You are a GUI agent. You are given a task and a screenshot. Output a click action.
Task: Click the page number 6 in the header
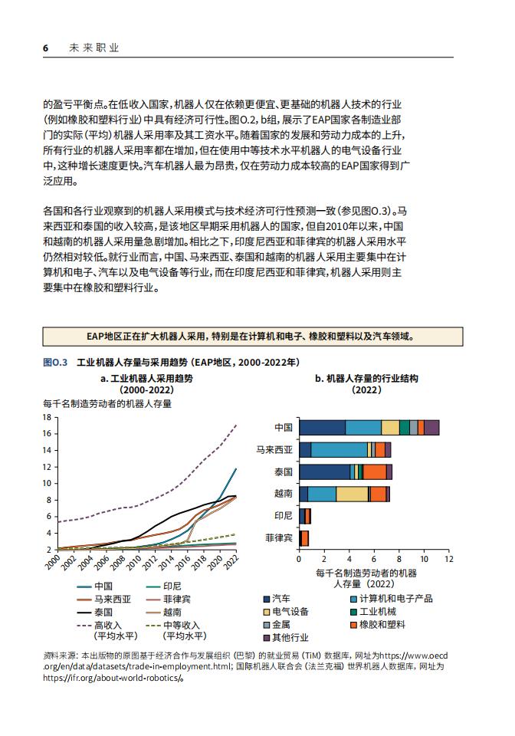(45, 48)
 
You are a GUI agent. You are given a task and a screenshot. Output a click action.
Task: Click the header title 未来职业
(94, 48)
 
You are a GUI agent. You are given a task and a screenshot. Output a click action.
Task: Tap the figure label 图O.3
(55, 363)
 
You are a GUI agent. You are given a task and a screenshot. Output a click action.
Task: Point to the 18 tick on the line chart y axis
(47, 417)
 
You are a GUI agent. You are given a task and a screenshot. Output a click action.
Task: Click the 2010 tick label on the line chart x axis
(133, 561)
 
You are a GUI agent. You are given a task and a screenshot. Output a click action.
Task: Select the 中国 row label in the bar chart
(284, 428)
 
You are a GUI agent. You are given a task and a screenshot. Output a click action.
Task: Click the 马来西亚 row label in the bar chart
(274, 450)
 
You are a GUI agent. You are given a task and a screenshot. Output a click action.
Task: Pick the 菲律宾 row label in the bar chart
(279, 538)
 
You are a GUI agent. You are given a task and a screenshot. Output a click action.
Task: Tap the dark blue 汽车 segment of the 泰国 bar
(325, 472)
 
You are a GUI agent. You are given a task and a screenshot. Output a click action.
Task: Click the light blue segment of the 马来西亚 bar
(339, 450)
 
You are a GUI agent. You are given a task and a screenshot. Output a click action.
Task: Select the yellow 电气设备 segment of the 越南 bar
(352, 494)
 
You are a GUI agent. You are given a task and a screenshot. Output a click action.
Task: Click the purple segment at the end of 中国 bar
(431, 428)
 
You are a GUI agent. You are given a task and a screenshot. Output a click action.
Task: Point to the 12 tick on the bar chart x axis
(449, 559)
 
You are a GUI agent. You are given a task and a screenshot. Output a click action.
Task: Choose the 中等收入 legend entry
(176, 630)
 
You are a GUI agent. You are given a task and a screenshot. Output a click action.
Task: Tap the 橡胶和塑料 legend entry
(378, 625)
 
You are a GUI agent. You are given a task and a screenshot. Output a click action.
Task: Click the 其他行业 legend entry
(287, 637)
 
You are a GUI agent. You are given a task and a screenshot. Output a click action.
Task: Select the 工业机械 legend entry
(373, 612)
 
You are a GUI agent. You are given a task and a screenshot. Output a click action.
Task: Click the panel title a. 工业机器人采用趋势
(147, 378)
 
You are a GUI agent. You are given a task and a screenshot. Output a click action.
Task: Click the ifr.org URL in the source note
(113, 678)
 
